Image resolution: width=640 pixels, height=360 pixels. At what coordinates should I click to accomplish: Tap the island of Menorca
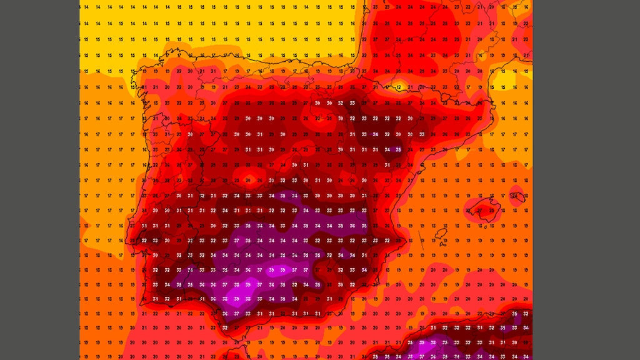coord(516,195)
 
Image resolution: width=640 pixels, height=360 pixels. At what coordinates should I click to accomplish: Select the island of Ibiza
coord(441,234)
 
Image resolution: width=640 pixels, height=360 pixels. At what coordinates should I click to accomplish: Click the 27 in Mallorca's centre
coord(480,211)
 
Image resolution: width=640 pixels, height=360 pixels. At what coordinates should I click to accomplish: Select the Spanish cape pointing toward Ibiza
coord(407,239)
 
